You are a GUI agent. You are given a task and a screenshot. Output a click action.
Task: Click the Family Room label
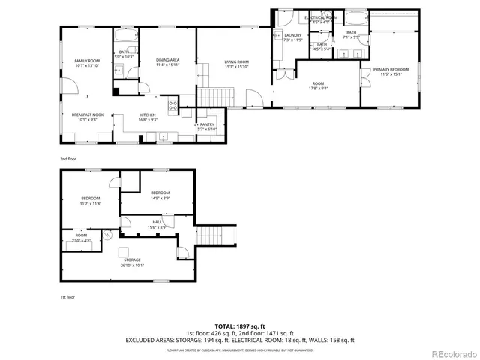point(87,63)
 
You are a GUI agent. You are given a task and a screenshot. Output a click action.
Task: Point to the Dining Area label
point(167,62)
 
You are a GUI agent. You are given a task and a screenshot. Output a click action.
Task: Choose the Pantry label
point(206,127)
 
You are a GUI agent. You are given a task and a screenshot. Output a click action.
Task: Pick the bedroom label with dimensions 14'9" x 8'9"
point(160,195)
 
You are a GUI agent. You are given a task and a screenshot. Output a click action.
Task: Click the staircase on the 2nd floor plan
point(216,97)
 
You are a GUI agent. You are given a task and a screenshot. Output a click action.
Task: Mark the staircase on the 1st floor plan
point(216,234)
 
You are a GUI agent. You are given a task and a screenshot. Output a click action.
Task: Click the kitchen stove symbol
point(172,106)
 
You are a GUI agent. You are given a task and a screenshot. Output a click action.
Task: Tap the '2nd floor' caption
point(68,160)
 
